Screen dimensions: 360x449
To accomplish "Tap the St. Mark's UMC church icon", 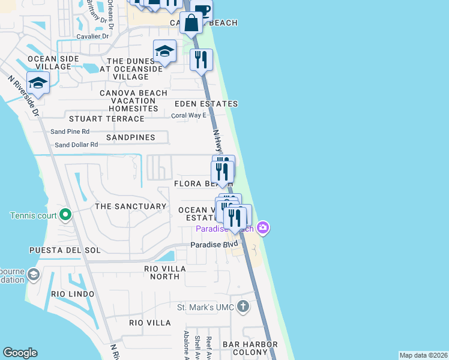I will (x=243, y=307).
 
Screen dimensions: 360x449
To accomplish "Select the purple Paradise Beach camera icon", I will (x=262, y=227).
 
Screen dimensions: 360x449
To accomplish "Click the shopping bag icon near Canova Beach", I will (x=191, y=23).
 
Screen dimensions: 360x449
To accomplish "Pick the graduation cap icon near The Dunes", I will (x=164, y=52).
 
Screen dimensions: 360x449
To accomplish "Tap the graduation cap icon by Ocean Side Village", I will (x=38, y=83).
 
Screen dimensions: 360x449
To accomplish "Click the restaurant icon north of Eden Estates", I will (x=202, y=59).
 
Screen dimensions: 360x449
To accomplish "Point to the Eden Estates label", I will (x=206, y=104).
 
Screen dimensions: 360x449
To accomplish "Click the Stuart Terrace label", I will (x=107, y=119).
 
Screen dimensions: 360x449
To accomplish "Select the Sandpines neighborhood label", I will (x=130, y=137).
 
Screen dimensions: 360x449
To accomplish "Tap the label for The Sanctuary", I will (x=130, y=206).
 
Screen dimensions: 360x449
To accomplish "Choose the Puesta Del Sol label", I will (x=65, y=250).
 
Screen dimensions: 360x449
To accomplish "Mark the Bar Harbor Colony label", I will (x=250, y=349).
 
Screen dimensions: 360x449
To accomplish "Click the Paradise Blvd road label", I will (x=214, y=245).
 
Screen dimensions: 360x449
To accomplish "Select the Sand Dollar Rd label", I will (x=76, y=145).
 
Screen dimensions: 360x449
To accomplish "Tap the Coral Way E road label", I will (x=188, y=116).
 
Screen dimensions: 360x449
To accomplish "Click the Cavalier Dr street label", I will (x=92, y=36).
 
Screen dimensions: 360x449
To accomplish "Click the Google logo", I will (x=20, y=353).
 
